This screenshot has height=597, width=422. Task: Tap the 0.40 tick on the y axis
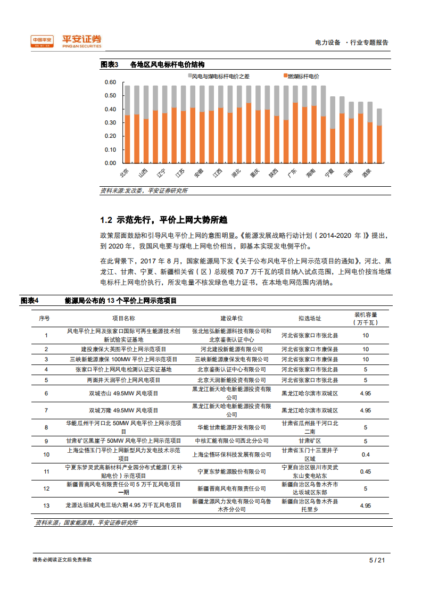point(110,109)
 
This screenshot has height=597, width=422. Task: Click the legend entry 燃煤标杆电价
point(301,76)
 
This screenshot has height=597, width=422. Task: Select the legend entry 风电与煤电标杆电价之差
point(218,76)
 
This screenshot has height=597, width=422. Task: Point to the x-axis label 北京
point(125,173)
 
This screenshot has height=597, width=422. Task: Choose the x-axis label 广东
point(292,173)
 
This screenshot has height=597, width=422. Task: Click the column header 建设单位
point(232,319)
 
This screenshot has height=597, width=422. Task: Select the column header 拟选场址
point(310,319)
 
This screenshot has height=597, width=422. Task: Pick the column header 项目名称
point(123,319)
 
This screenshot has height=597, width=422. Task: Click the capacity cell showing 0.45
point(366,471)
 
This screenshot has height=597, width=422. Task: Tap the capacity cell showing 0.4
point(366,454)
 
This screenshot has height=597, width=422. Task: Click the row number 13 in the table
point(46,505)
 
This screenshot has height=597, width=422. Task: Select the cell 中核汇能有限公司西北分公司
point(232,441)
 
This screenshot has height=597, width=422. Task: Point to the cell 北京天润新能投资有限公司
point(232,380)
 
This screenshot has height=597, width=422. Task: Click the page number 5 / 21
point(377,560)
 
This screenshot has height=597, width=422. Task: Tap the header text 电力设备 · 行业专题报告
point(352,43)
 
